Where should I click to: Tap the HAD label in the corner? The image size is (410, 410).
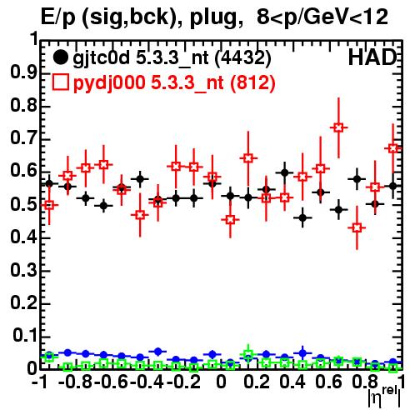[372, 57]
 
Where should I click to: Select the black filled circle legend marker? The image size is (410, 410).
[60, 57]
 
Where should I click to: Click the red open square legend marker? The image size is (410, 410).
[60, 82]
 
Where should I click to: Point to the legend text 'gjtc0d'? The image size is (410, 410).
[102, 58]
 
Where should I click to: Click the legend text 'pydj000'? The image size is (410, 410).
[109, 83]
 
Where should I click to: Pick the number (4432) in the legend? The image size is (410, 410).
[243, 57]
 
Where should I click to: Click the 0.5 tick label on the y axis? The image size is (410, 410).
[23, 205]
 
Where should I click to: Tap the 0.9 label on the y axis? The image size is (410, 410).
[23, 73]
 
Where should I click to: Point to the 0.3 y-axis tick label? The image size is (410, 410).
[23, 270]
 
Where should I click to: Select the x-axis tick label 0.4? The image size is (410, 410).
[292, 382]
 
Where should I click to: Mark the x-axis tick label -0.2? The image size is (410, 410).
[183, 382]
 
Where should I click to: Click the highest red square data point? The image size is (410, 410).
[338, 127]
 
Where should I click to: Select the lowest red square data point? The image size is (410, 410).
[357, 227]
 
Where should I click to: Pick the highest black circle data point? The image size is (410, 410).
[284, 172]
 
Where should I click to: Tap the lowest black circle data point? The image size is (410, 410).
[302, 217]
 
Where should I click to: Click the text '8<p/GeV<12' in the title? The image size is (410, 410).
[322, 17]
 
